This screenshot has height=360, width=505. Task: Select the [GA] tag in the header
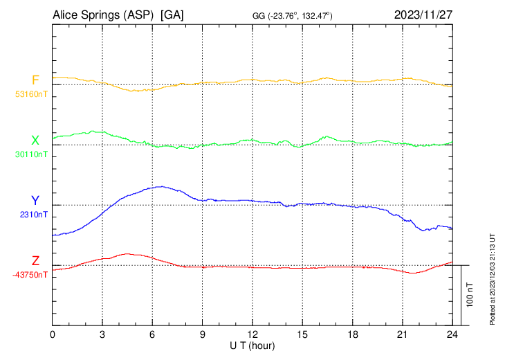click(172, 15)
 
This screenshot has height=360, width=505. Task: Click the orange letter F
click(35, 80)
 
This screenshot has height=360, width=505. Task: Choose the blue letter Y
click(35, 201)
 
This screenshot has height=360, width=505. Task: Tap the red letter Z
click(35, 261)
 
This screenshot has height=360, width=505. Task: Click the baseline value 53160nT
click(31, 93)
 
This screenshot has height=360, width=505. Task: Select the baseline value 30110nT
click(31, 154)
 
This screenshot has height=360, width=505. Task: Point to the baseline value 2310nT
click(34, 215)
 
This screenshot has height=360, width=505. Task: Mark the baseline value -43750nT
click(30, 275)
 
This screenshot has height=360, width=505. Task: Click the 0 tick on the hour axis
click(53, 334)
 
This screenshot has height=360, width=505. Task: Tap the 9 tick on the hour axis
click(203, 334)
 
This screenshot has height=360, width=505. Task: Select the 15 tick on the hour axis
click(302, 334)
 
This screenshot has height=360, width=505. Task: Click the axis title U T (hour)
click(252, 345)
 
